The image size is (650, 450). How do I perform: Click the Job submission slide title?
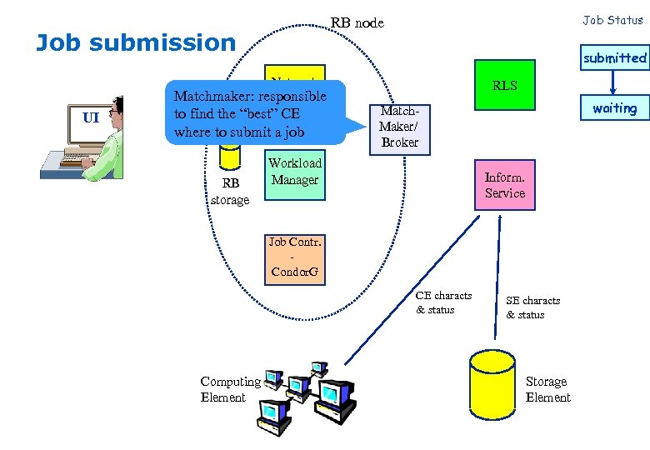(136, 42)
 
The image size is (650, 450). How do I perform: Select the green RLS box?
(504, 85)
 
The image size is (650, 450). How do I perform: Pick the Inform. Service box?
(505, 185)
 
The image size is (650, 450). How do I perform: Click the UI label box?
(91, 117)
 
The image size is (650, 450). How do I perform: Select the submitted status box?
(614, 57)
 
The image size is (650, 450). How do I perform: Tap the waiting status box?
(614, 108)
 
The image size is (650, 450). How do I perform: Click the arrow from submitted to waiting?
(614, 82)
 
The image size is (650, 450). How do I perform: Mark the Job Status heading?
(612, 20)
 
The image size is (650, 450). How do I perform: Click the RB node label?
(357, 22)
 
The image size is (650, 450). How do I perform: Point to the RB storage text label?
(230, 192)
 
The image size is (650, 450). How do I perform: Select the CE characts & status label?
(443, 302)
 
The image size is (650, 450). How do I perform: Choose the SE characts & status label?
(532, 307)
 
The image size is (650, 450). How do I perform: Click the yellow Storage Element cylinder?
(492, 388)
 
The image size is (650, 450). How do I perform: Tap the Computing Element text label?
(230, 389)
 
